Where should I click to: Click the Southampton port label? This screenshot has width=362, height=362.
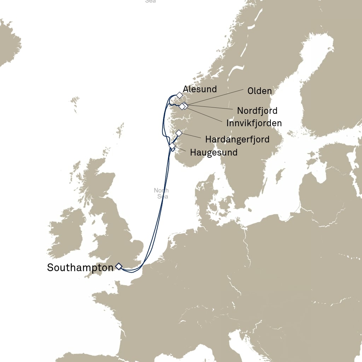[80, 268]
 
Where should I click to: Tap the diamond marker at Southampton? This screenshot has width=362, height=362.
[118, 266]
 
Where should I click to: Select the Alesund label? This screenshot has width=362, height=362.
[200, 89]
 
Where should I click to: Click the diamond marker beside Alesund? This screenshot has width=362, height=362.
[180, 95]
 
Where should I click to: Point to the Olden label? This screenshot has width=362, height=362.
[259, 91]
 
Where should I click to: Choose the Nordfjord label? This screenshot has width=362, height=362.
[257, 111]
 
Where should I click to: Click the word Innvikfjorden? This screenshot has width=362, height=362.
[254, 123]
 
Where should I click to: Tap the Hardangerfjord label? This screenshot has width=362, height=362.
[237, 139]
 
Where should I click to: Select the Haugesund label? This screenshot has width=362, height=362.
[214, 153]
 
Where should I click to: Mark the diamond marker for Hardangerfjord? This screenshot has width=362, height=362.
[179, 133]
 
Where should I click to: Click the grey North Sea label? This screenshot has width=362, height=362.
[162, 193]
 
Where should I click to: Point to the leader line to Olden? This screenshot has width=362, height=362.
[216, 97]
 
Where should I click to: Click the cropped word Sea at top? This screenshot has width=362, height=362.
[151, 1]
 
